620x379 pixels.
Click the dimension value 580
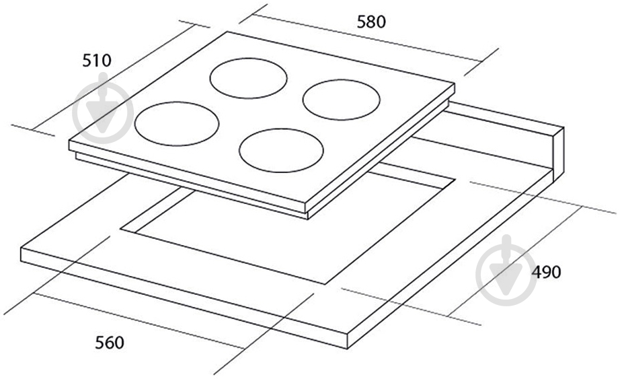pyautogui.click(x=371, y=22)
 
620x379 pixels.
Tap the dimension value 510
pyautogui.click(x=97, y=61)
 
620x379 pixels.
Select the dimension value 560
pyautogui.click(x=110, y=343)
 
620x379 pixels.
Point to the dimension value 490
pyautogui.click(x=546, y=272)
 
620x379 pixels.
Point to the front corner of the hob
pyautogui.click(x=307, y=205)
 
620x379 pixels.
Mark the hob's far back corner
pyautogui.click(x=227, y=32)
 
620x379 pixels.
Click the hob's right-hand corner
pyautogui.click(x=455, y=84)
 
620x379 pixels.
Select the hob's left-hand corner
pyautogui.click(x=69, y=141)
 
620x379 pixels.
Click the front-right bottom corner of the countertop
pyautogui.click(x=347, y=349)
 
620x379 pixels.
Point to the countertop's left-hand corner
pyautogui.click(x=21, y=249)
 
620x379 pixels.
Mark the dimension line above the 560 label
pyautogui.click(x=139, y=320)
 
